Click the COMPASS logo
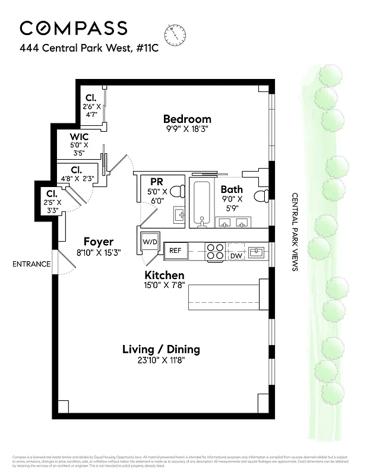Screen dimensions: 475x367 tap(73, 28)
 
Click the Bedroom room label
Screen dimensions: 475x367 tap(187, 119)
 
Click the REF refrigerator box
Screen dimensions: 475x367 tap(175, 251)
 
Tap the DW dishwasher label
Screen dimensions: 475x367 tap(236, 256)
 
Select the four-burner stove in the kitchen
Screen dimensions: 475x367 tap(215, 252)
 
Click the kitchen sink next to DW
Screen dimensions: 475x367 tap(256, 252)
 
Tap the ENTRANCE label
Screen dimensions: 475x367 tap(31, 264)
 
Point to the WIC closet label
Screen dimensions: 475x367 tap(79, 137)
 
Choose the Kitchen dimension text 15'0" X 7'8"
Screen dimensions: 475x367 tap(164, 286)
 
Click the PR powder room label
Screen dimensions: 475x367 tap(157, 181)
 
